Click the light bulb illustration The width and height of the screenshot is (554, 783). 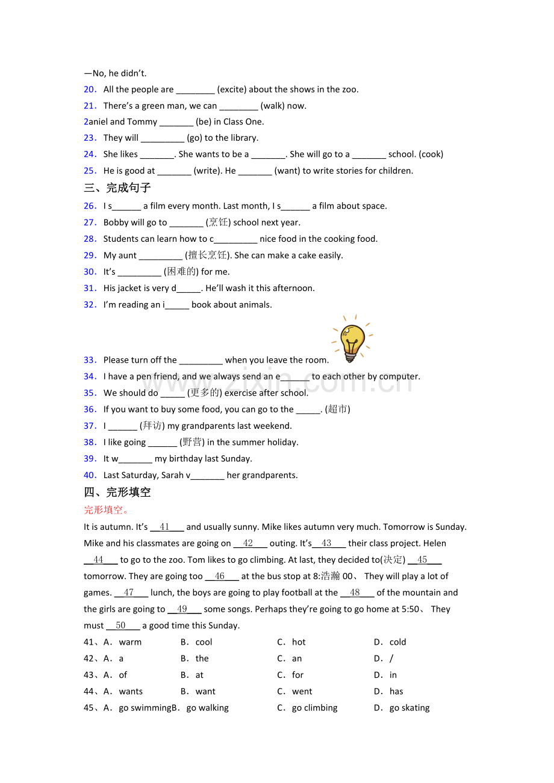pos(352,340)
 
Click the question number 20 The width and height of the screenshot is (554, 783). pos(90,90)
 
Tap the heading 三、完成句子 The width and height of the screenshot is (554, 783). pos(117,188)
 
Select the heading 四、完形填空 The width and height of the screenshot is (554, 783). pos(117,492)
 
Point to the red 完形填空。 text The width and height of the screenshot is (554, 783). pos(106,510)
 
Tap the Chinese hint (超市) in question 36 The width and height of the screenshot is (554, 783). pos(337,410)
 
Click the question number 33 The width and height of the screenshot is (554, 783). pos(90,360)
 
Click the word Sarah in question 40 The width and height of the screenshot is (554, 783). pos(172,475)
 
